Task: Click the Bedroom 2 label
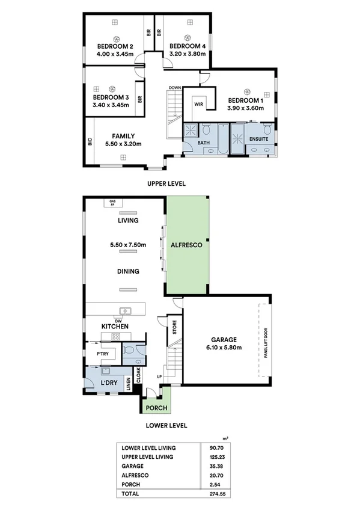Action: coord(115,46)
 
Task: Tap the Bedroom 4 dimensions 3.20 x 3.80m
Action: coord(188,54)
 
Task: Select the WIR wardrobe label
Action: coord(198,103)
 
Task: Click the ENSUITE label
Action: coord(259,140)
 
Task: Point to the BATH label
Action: coord(204,143)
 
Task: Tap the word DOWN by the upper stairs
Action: coord(175,88)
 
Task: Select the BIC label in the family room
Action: coord(90,143)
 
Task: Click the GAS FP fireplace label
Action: coord(112,203)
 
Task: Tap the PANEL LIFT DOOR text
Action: coord(265,343)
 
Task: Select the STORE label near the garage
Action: coord(174,329)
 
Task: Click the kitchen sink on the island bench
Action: coord(127,310)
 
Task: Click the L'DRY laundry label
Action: coord(108,382)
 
